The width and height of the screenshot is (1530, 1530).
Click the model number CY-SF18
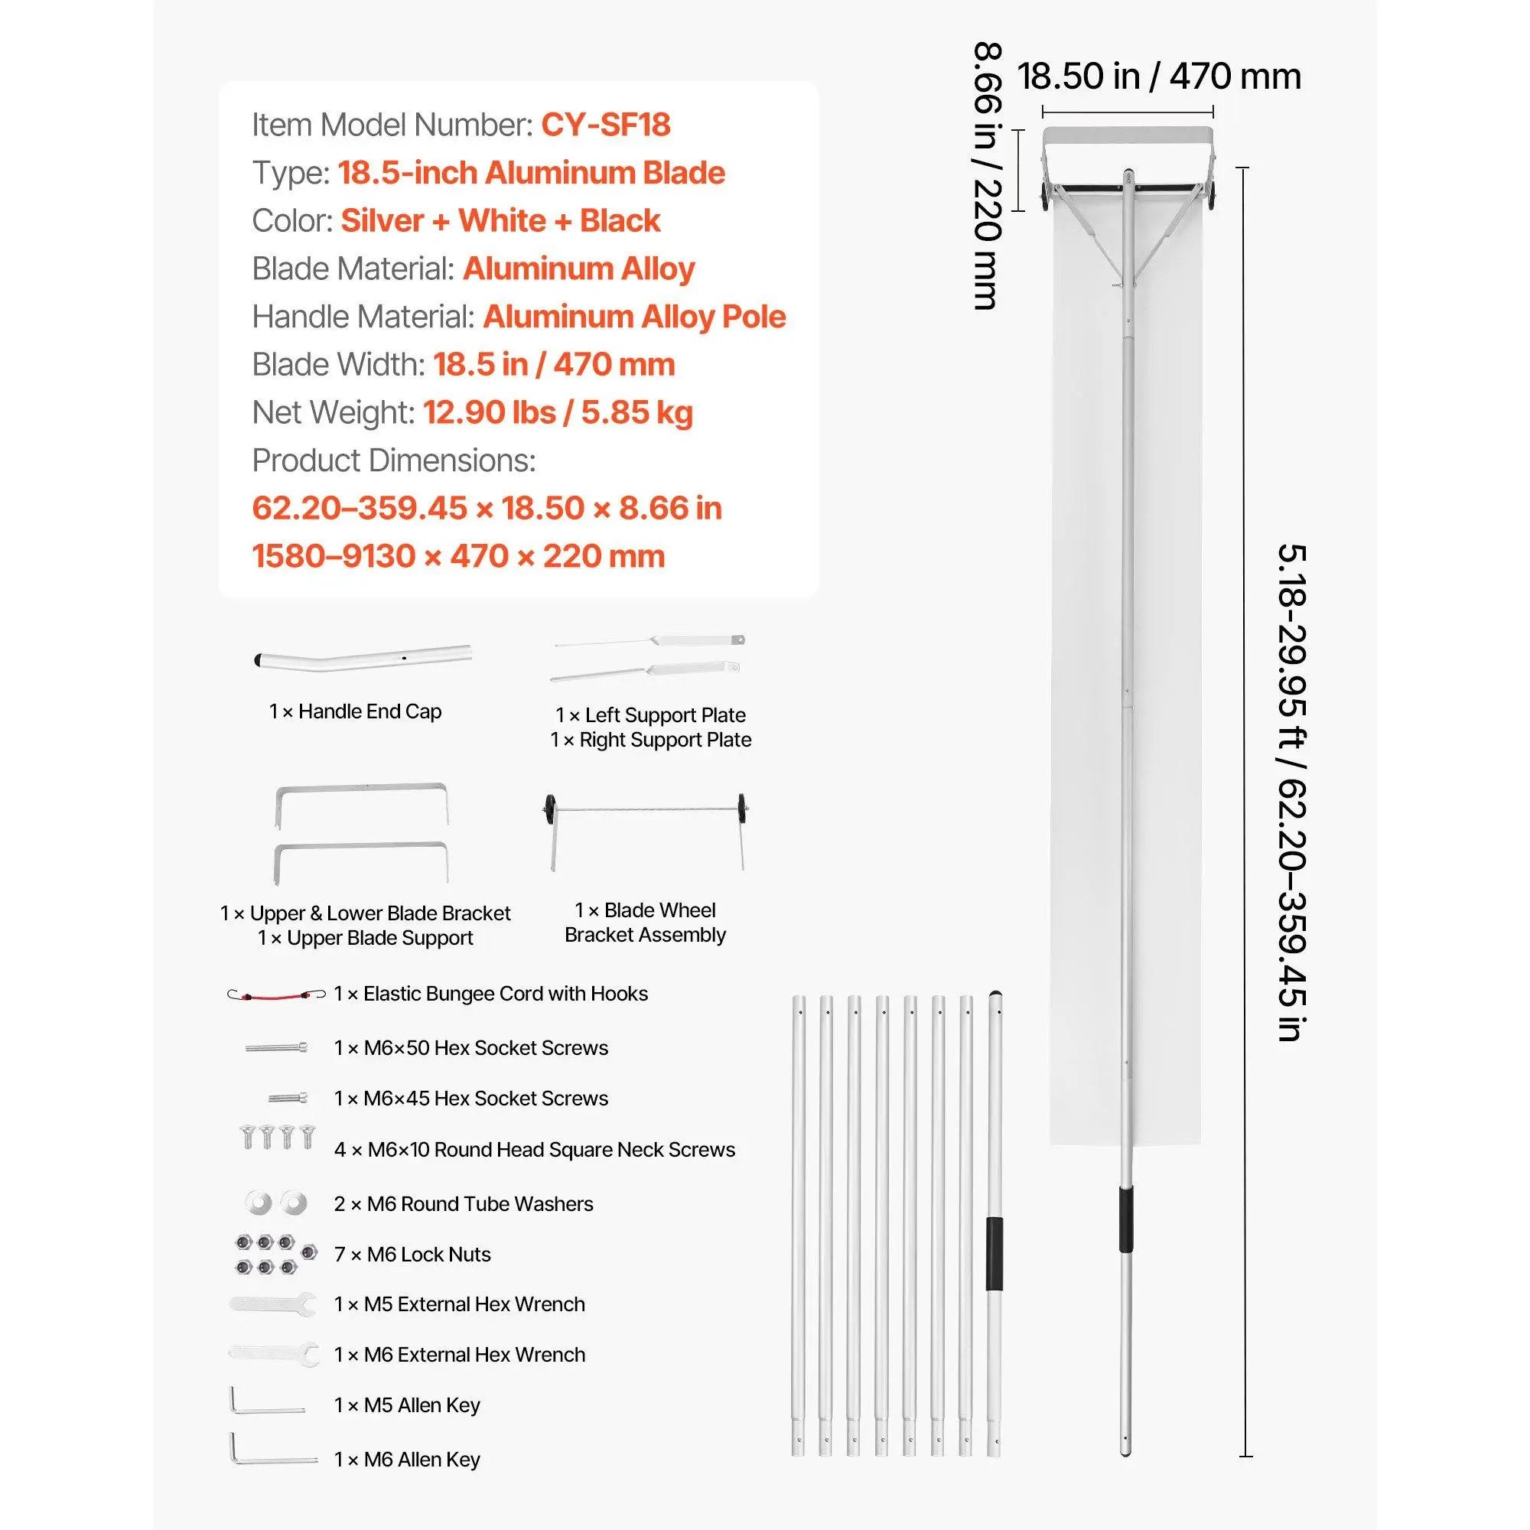605,125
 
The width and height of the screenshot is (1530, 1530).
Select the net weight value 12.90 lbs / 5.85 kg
558,412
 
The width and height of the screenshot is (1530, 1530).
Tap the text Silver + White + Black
500,221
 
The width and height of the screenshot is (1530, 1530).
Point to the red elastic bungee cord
276,994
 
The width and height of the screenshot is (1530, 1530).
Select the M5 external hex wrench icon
273,1304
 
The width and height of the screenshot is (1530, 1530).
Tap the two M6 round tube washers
275,1203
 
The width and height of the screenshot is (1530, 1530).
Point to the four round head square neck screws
277,1138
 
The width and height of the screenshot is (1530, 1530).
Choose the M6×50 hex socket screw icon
276,1048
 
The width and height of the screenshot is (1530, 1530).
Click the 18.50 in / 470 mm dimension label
1158,76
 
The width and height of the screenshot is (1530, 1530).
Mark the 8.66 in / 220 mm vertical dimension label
988,175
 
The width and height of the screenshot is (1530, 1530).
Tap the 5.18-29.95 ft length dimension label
1291,792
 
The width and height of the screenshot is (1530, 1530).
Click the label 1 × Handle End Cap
355,711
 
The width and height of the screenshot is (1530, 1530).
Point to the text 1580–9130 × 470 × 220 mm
458,556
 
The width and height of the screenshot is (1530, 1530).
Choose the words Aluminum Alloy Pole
634,317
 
